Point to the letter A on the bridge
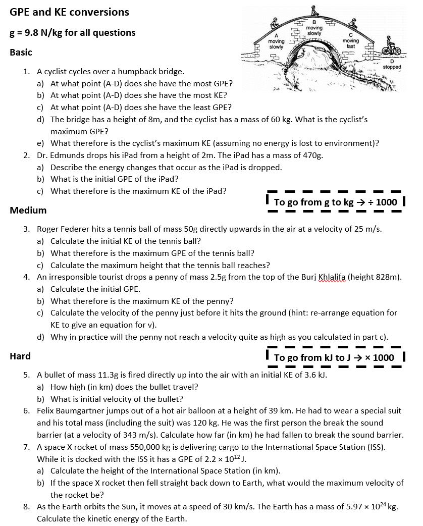[x=276, y=35]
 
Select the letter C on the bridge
[x=350, y=35]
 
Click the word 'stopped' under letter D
[x=392, y=67]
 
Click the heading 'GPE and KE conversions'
[x=70, y=12]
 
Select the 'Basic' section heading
[x=21, y=52]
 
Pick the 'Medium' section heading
[x=28, y=210]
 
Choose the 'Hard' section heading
[x=20, y=356]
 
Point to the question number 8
[x=27, y=507]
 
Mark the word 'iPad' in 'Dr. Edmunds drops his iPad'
[x=128, y=155]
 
